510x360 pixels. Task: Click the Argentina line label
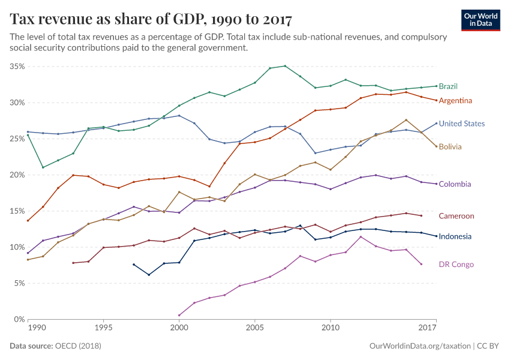(x=455, y=100)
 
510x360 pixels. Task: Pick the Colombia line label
(x=454, y=184)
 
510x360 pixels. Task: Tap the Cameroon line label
(x=456, y=216)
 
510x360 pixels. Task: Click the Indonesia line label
(x=455, y=236)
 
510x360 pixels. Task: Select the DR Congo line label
(x=455, y=265)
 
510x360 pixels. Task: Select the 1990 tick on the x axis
(x=37, y=329)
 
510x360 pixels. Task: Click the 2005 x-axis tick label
(x=254, y=329)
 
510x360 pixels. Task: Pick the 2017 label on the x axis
(x=427, y=329)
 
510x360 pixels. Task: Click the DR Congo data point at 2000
(x=179, y=315)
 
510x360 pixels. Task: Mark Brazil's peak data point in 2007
(x=285, y=66)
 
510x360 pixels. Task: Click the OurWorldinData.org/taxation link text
(x=419, y=346)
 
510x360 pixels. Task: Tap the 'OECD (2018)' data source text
(x=79, y=346)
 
